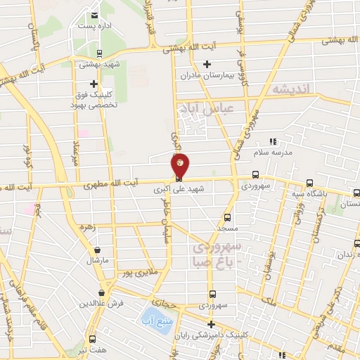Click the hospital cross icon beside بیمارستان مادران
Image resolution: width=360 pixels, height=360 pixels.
(x=207, y=64)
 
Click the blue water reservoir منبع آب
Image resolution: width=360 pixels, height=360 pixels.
(x=153, y=318)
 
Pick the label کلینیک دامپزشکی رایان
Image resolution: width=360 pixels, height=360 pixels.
(x=212, y=335)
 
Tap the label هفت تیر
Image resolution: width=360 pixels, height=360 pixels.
(x=92, y=349)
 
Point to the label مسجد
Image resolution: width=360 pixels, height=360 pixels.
(x=226, y=229)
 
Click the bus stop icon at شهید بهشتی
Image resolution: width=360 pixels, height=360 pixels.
(x=98, y=53)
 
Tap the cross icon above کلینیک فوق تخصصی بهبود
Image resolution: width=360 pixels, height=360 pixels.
(x=94, y=84)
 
